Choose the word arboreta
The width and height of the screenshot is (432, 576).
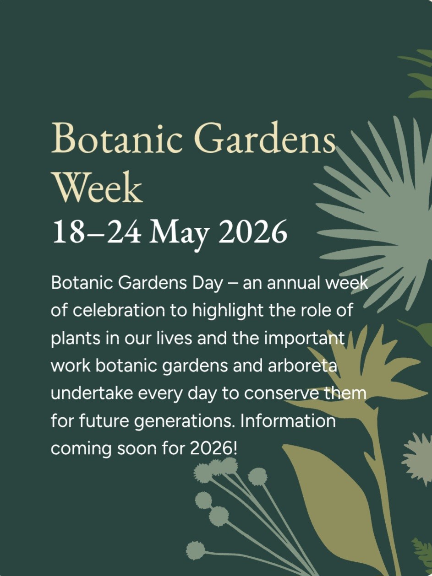[302, 366]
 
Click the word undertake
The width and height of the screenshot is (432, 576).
[92, 393]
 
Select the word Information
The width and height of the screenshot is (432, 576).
[288, 420]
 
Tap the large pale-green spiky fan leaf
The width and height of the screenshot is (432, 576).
[389, 223]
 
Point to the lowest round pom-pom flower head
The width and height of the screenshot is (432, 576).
[196, 550]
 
